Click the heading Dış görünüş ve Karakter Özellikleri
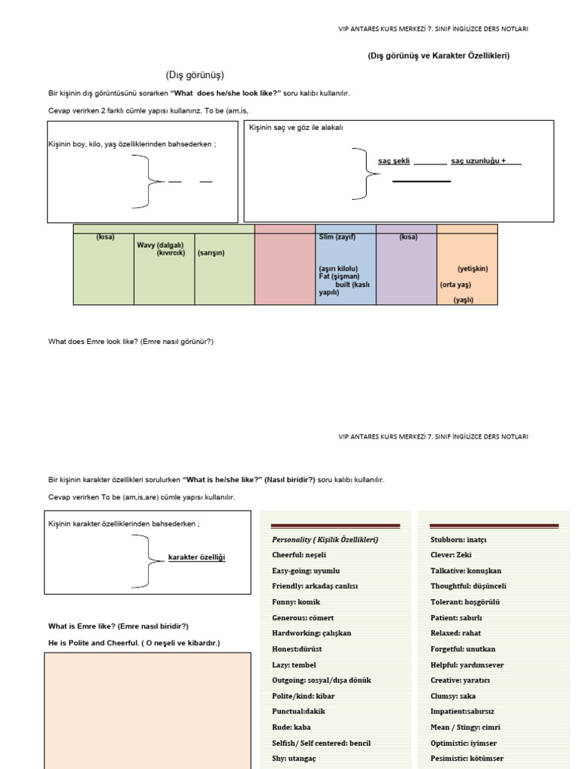443,56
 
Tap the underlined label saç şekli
394,161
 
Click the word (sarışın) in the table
211,253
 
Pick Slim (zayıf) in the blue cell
337,237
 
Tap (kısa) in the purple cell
408,237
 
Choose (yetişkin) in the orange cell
473,269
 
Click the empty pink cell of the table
285,267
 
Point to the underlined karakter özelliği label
196,557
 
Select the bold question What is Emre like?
118,626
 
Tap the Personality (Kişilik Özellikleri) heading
325,540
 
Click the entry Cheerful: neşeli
299,555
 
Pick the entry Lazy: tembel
294,665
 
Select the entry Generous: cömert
303,618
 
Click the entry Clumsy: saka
453,695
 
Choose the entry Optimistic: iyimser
463,743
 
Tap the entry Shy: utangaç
294,758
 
